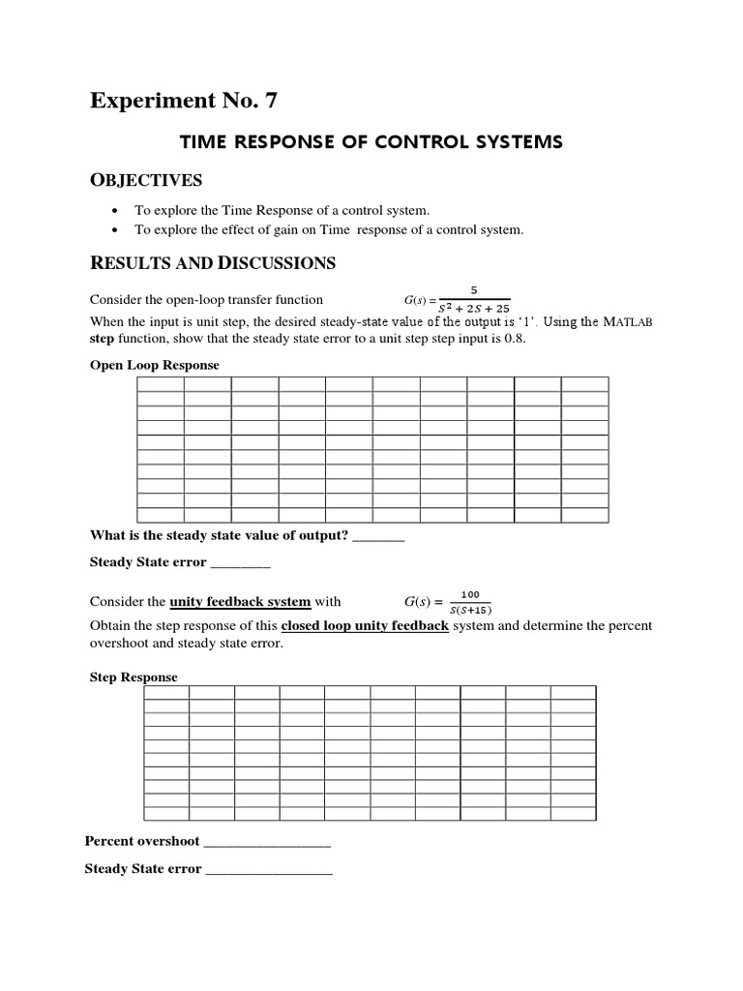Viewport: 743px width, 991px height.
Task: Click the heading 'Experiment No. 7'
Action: [x=189, y=101]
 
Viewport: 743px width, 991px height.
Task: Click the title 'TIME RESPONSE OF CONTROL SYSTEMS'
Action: [x=371, y=142]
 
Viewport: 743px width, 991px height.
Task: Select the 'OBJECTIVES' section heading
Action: [x=146, y=180]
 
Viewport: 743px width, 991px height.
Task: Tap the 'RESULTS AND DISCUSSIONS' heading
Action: [x=213, y=262]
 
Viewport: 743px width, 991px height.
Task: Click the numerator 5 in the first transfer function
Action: [x=473, y=289]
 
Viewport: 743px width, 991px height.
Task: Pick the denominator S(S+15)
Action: [x=470, y=610]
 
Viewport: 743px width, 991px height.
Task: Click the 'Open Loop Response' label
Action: [x=155, y=365]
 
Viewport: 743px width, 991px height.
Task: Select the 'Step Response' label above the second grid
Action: [x=134, y=677]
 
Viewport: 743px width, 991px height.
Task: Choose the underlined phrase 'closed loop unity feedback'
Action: [x=365, y=625]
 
